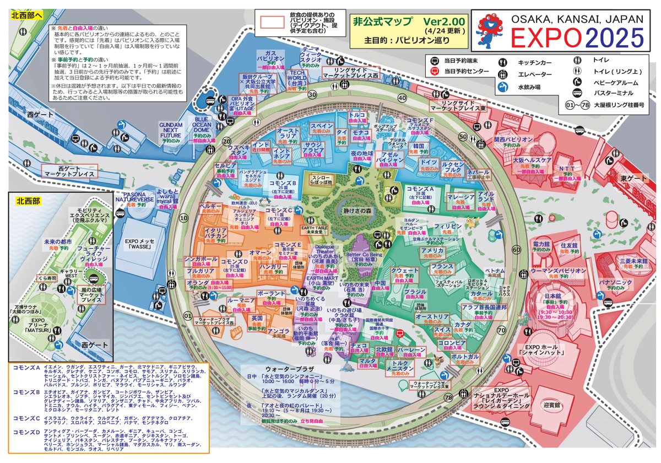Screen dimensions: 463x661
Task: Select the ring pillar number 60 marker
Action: tap(516, 250)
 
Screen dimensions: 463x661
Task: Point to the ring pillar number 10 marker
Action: tap(184, 218)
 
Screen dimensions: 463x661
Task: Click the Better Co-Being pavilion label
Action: tap(361, 257)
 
